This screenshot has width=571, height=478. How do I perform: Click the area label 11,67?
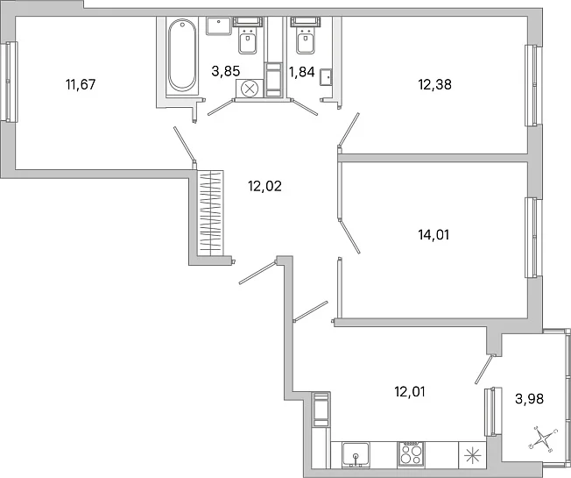click(81, 84)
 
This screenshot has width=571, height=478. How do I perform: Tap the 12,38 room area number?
click(434, 84)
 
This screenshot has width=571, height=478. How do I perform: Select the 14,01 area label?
click(434, 235)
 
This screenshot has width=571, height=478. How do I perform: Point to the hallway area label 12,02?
click(264, 186)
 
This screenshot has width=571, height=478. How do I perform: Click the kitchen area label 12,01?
click(410, 392)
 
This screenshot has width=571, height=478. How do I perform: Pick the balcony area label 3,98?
click(530, 399)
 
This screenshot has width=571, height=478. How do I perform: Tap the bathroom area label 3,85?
click(226, 71)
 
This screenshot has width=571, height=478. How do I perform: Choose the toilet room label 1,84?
click(301, 72)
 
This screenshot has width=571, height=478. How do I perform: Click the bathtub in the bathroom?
click(182, 54)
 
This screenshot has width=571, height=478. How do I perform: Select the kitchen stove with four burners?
click(411, 453)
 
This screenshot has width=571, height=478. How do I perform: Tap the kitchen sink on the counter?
click(356, 453)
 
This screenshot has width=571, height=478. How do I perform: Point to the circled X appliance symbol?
click(250, 89)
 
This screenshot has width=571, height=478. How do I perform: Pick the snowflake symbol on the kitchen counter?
click(472, 455)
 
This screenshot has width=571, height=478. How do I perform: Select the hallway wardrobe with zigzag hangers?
click(210, 212)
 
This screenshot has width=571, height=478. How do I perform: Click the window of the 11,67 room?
click(11, 82)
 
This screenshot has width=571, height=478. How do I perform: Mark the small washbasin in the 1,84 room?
click(326, 78)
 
